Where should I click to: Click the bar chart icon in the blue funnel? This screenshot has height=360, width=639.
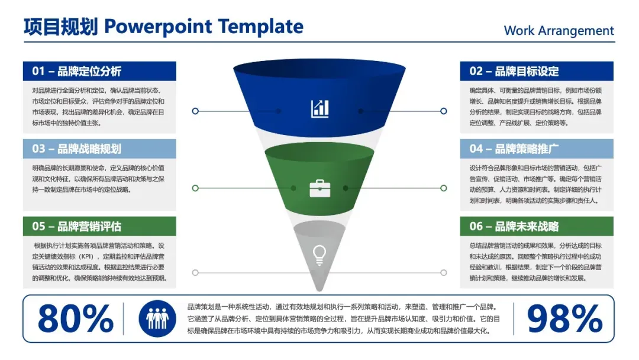[319, 108]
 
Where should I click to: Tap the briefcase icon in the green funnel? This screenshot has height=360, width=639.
[319, 188]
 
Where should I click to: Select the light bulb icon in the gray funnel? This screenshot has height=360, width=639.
[319, 254]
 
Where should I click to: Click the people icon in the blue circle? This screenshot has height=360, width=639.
[157, 319]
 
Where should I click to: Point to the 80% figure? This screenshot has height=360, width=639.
[75, 319]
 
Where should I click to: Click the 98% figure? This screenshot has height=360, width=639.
[564, 319]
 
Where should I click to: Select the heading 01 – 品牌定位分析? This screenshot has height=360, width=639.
[77, 71]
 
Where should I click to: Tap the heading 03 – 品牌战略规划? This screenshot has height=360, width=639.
[77, 149]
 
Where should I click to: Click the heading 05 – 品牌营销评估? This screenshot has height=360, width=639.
[77, 226]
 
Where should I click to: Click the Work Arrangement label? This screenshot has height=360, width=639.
[559, 31]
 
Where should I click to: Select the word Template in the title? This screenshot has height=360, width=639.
[260, 27]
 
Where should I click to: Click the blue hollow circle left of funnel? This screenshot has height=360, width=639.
[195, 111]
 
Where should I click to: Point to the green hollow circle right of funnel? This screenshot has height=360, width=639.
[443, 188]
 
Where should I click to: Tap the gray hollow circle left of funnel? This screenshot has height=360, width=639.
[195, 272]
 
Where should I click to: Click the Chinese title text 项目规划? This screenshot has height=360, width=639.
[60, 27]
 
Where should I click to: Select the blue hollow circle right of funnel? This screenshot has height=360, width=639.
[443, 111]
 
